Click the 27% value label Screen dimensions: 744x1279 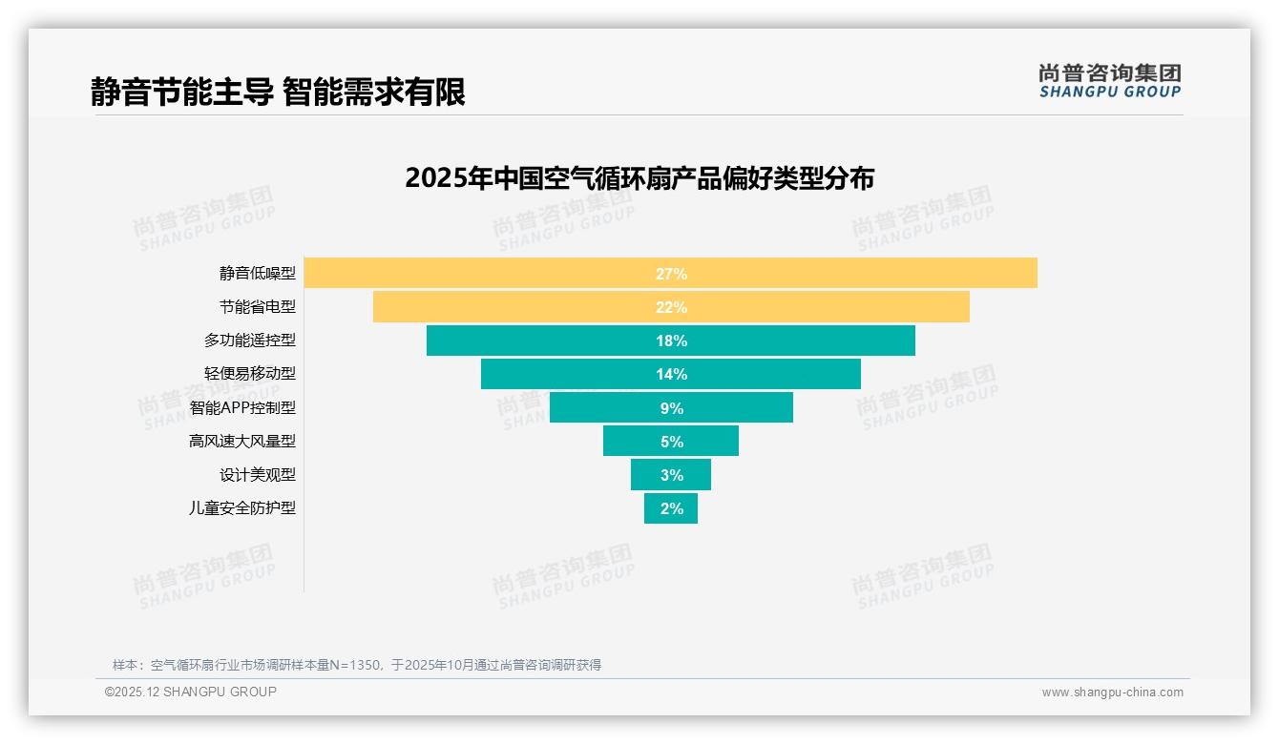pos(671,274)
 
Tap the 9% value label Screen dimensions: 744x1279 pos(671,408)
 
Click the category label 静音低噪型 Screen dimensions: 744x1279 pos(258,274)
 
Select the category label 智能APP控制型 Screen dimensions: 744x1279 pos(242,407)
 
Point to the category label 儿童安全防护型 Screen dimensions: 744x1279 pos(242,508)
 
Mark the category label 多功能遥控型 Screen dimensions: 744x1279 pos(250,341)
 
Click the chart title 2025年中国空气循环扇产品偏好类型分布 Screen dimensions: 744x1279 pos(639,178)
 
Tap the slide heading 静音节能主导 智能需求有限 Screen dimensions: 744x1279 pos(278,93)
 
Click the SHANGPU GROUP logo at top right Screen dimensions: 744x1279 pos(1110,81)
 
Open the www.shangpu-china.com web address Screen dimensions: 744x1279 pos(1112,692)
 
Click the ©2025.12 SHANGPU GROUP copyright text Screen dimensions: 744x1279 pos(191,692)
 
